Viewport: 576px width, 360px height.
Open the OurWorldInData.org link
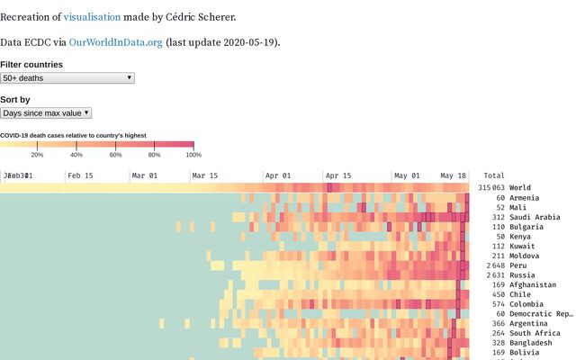(116, 42)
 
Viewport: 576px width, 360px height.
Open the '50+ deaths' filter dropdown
(67, 78)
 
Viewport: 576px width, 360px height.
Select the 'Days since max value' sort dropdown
(46, 113)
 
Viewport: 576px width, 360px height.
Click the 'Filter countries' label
(31, 65)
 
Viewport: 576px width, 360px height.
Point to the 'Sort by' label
(15, 100)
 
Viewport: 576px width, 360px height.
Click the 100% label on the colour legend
(193, 155)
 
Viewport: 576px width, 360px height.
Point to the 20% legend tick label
(37, 155)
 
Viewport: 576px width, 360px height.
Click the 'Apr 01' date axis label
(277, 175)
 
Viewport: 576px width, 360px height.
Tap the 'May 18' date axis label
(454, 175)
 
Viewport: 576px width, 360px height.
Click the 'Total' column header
(494, 175)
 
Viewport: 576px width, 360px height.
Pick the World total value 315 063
(491, 188)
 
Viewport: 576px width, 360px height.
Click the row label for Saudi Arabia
(534, 217)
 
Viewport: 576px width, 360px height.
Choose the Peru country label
(517, 265)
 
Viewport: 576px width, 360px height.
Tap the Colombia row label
(526, 304)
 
